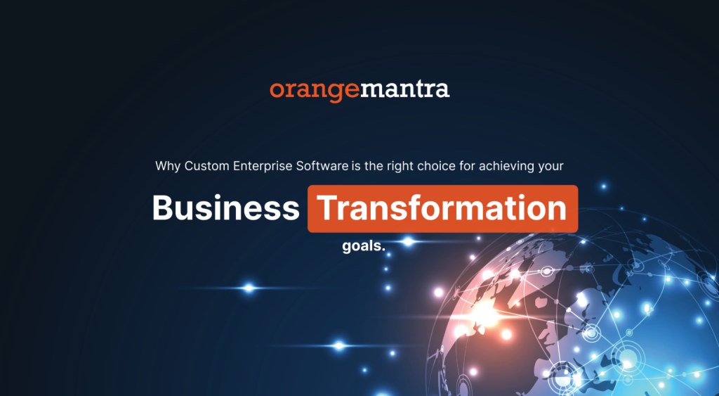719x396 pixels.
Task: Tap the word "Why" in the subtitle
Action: pos(167,167)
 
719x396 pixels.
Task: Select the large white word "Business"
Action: pos(225,208)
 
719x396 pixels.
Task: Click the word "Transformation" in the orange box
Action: pos(442,208)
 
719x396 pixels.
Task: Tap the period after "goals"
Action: pos(385,250)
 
